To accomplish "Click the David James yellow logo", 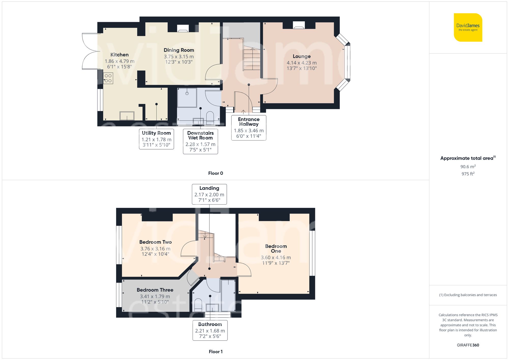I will (468, 27).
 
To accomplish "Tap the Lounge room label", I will (302, 56).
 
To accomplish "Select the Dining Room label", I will (179, 50).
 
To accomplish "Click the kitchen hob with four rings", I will (108, 78).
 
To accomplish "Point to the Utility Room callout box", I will (156, 139).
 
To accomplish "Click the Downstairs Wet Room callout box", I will (200, 141).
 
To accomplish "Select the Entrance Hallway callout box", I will (249, 128).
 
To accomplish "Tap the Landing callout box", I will (209, 194).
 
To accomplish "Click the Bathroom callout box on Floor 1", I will (210, 330).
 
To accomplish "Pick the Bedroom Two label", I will (155, 242).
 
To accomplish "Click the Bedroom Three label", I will (155, 290).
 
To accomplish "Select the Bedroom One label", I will (276, 249).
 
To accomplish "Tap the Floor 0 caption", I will (216, 173).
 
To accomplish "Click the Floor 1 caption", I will (216, 352).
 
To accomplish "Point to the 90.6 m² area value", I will (468, 167).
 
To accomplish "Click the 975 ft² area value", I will (468, 174).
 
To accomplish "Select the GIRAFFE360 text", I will (468, 345).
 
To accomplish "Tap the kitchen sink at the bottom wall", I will (127, 116).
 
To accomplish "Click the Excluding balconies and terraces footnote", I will (468, 295).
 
